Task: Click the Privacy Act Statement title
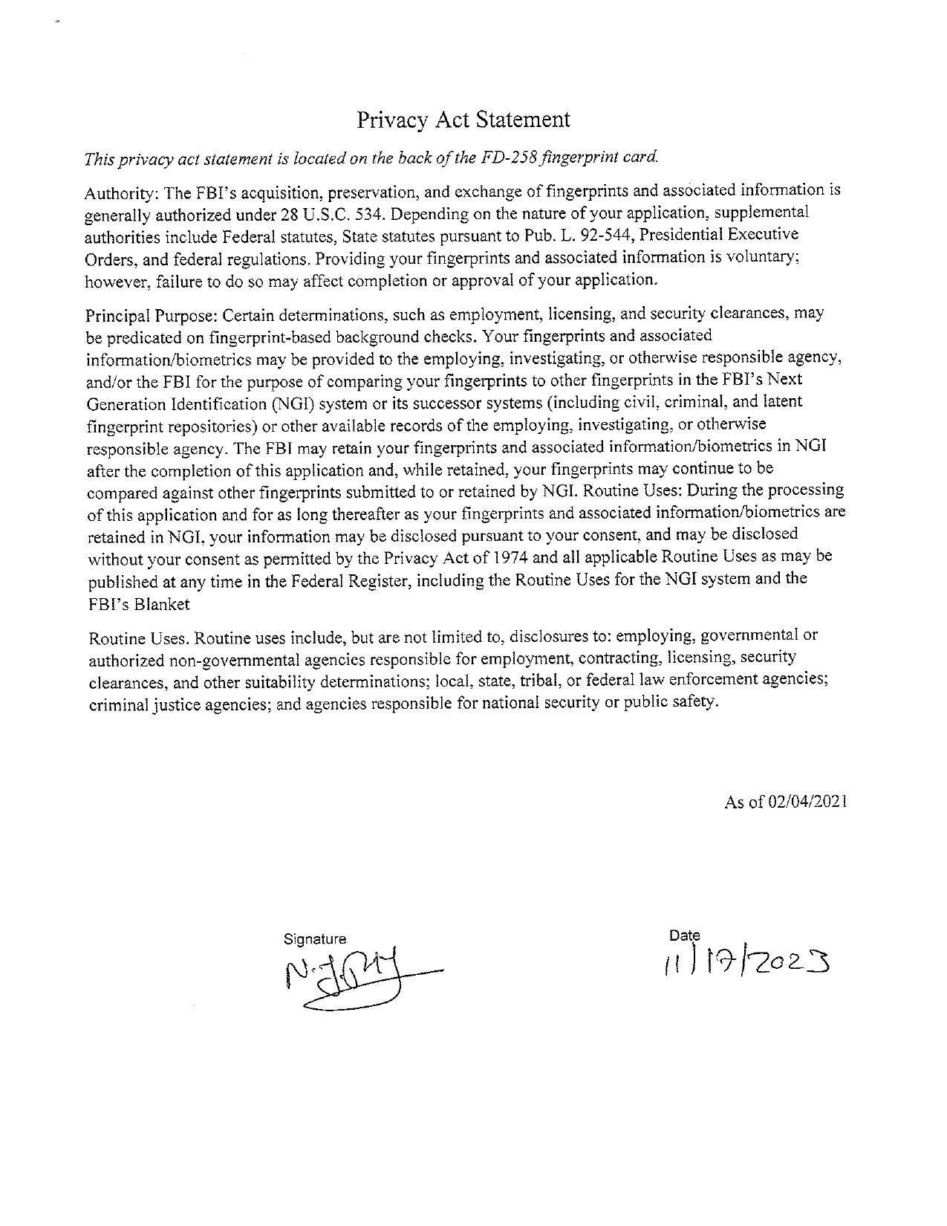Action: [x=463, y=120]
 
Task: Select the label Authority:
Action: [x=121, y=193]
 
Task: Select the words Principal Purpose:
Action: [x=152, y=314]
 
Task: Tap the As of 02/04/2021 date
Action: [x=785, y=802]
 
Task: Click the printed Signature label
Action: [x=315, y=939]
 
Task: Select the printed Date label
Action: [x=684, y=935]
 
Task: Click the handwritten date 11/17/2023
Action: [x=746, y=964]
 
